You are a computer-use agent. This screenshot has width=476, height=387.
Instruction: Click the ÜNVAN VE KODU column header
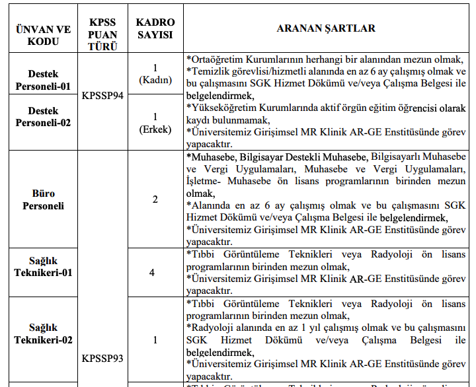[x=44, y=35]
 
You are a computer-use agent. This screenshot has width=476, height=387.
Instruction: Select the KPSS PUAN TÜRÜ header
[x=102, y=35]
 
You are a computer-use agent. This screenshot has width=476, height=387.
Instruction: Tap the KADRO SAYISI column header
[x=155, y=29]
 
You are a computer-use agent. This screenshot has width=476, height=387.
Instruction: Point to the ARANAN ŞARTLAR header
[x=326, y=28]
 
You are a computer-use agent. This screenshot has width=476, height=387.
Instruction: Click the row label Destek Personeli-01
[x=44, y=80]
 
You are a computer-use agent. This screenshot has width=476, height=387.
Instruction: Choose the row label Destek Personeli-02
[x=44, y=117]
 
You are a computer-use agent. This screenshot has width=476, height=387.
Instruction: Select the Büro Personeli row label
[x=44, y=199]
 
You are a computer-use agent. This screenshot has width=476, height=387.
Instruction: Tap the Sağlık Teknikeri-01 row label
[x=44, y=267]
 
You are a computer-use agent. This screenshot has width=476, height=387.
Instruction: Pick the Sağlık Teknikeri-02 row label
[x=44, y=334]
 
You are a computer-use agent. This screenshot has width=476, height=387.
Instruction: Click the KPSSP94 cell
[x=102, y=95]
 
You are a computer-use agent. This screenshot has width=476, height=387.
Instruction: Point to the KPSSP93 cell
[x=102, y=359]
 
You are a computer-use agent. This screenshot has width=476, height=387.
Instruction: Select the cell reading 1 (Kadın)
[x=155, y=74]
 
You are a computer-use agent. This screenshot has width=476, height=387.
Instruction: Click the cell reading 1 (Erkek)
[x=155, y=123]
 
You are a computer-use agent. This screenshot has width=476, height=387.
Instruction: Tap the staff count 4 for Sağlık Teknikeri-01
[x=155, y=272]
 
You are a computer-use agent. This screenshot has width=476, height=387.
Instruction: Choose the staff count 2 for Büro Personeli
[x=155, y=199]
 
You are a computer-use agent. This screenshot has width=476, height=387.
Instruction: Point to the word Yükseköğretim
[x=221, y=108]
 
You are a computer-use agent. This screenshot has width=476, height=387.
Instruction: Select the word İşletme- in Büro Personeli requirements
[x=206, y=182]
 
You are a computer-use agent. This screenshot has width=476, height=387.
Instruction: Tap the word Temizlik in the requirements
[x=209, y=71]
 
